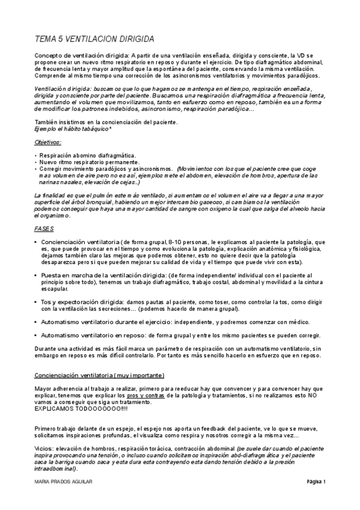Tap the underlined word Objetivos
[x=49, y=142]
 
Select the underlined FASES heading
[x=45, y=229]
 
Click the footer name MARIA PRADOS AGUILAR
[x=63, y=482]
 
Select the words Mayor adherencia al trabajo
[x=74, y=389]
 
